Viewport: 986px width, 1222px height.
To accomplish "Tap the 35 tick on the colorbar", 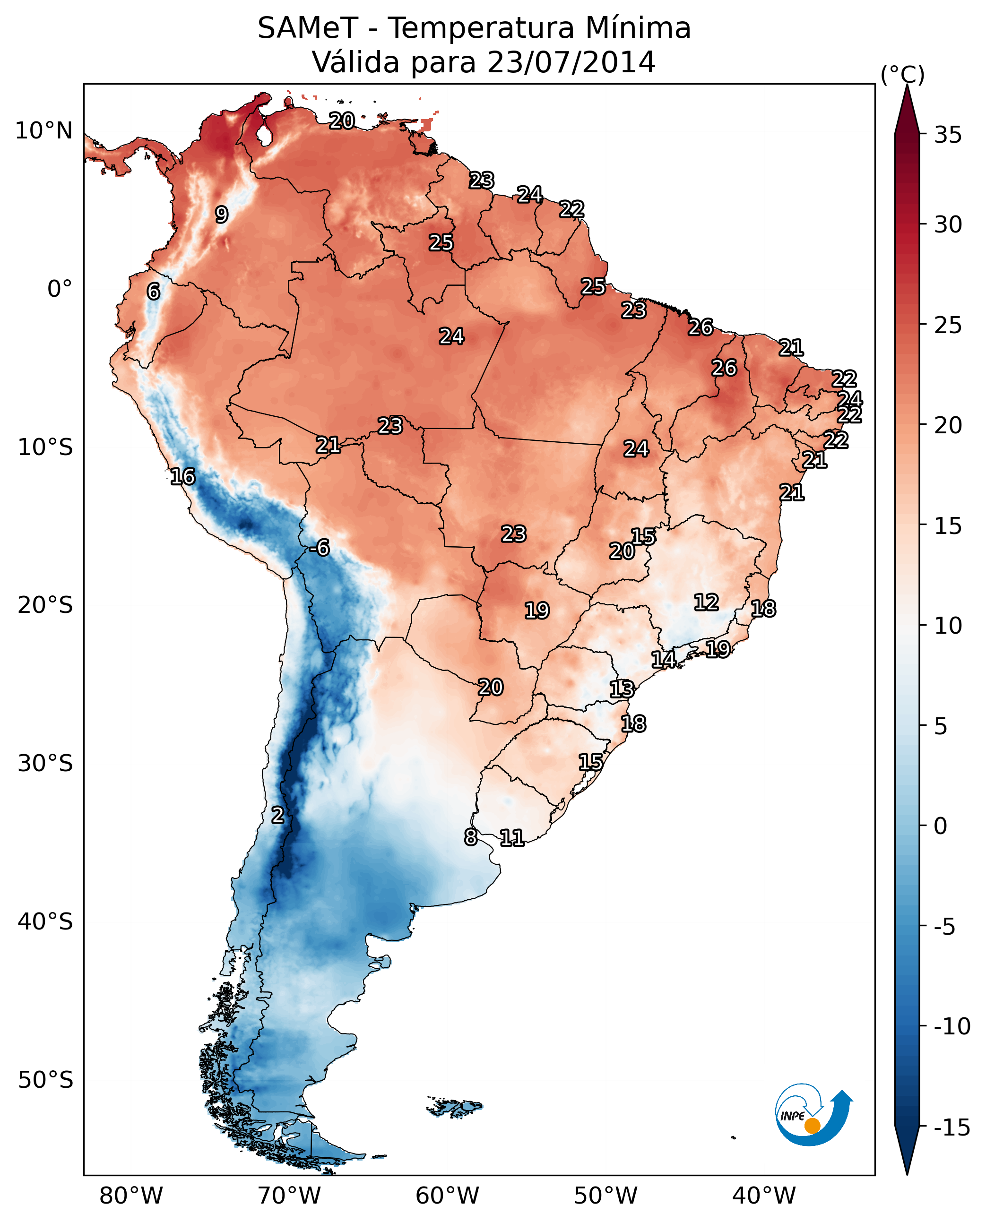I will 948,135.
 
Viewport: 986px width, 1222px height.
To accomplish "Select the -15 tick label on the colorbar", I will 951,1127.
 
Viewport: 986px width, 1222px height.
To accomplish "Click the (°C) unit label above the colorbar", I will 902,74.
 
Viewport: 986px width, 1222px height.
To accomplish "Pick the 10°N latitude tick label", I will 44,131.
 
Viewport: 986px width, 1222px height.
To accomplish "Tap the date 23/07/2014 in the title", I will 571,62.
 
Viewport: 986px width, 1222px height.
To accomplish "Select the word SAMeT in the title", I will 308,28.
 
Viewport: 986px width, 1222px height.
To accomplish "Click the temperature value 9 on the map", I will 222,215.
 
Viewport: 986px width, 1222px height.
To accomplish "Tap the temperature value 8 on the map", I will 470,837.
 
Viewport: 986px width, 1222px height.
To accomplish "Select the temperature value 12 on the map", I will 706,602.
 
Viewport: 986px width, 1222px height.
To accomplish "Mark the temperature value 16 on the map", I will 182,476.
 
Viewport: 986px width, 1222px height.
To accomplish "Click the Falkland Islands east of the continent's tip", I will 454,1106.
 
